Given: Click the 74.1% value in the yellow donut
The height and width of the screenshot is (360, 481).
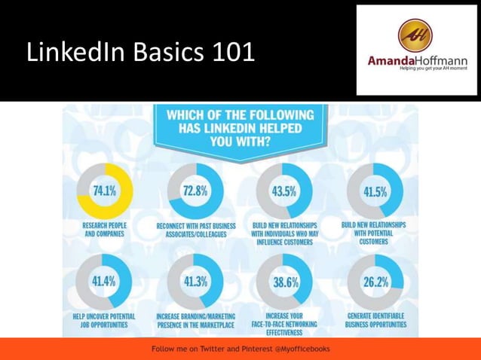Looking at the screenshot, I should click(x=104, y=191).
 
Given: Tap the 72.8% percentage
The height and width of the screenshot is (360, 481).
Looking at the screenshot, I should click(x=196, y=191).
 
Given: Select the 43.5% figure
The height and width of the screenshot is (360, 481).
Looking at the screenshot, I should click(x=283, y=191).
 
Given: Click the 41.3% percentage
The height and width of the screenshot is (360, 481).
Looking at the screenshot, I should click(x=196, y=282).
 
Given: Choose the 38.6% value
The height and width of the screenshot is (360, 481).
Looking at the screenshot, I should click(x=283, y=282).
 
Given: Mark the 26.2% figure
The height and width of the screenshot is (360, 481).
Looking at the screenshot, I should click(x=375, y=282).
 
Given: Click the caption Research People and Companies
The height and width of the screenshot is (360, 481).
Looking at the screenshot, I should click(x=104, y=230).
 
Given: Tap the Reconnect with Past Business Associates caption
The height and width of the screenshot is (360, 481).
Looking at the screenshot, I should click(x=196, y=230).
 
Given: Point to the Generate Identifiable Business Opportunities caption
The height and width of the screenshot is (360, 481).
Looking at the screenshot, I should click(x=375, y=320).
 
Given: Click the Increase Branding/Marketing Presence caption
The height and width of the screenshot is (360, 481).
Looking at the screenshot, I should click(x=196, y=320).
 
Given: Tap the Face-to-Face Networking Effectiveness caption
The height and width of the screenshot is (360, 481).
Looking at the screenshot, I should click(x=283, y=324).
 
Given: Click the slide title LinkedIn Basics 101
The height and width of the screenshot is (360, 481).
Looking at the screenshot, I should click(x=140, y=53).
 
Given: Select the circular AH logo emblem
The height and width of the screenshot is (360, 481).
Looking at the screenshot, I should click(x=415, y=35).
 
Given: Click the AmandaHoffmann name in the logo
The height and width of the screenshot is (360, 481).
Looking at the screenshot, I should click(x=417, y=61).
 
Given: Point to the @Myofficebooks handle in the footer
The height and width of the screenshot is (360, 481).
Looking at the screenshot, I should click(x=299, y=349).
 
